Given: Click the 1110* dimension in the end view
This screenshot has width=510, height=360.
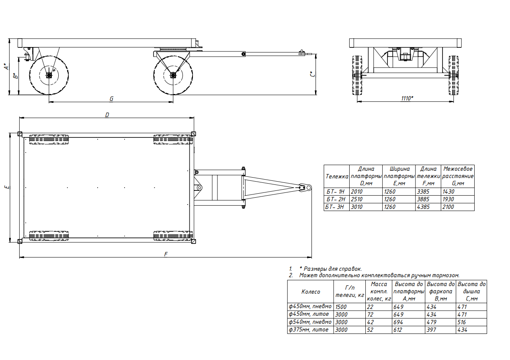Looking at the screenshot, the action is click(407, 98).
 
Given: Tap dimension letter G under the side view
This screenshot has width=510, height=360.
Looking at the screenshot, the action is click(111, 99).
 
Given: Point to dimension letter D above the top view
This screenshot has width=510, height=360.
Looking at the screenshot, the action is click(107, 115).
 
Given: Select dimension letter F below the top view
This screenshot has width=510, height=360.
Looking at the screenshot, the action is click(166, 254).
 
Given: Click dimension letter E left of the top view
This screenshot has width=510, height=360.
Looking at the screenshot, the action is click(7, 187).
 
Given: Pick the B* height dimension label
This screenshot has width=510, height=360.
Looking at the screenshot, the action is click(16, 76).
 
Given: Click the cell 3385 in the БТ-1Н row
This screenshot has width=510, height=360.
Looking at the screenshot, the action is click(423, 192).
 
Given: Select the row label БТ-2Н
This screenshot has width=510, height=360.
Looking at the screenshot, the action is click(336, 199).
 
